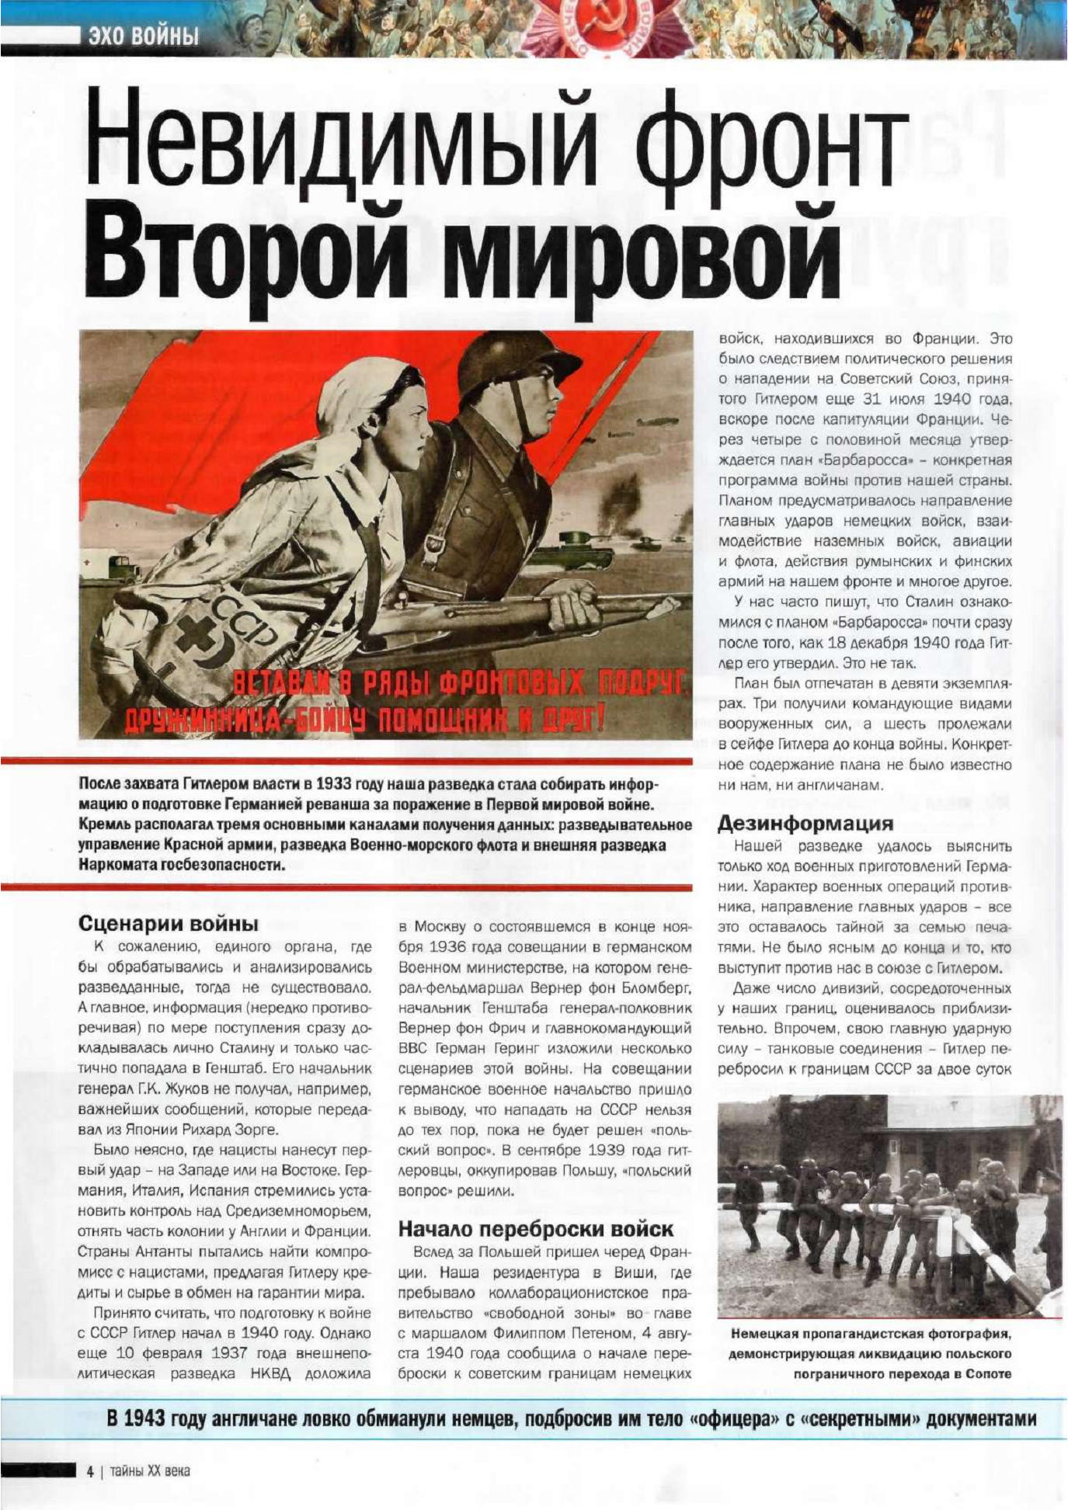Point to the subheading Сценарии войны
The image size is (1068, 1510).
coord(169,924)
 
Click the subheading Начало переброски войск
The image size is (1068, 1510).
coord(536,1229)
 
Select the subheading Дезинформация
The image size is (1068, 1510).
coord(805,822)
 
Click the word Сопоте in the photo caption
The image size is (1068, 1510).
coord(989,1373)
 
